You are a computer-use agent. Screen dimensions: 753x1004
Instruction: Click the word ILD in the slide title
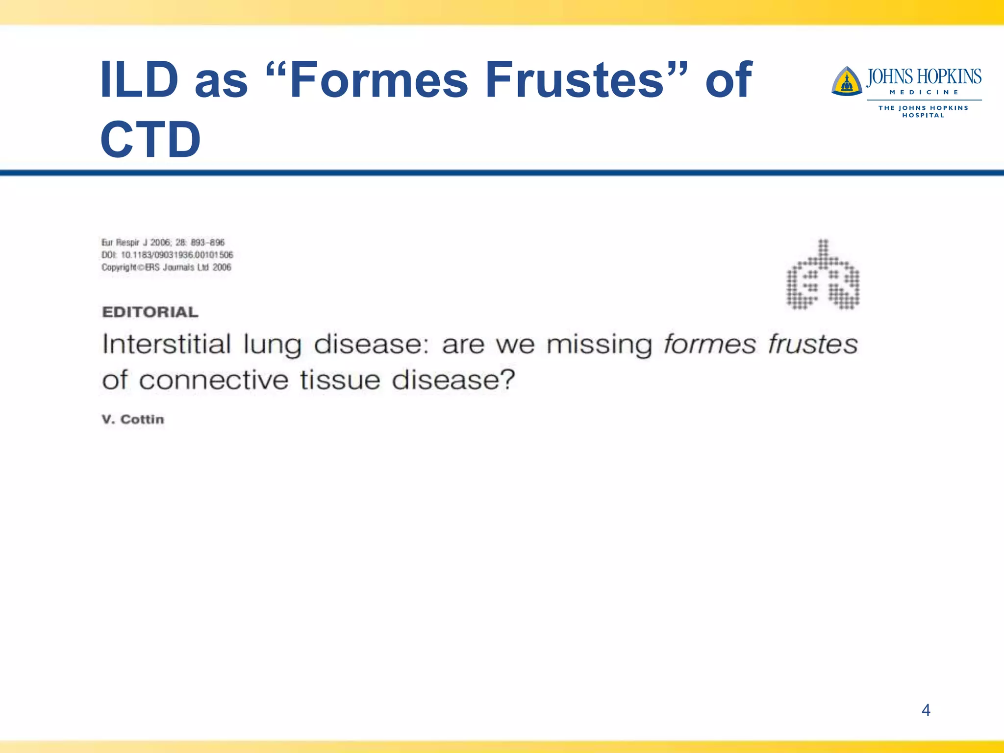tap(139, 80)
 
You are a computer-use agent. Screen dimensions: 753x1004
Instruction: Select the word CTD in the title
tap(150, 140)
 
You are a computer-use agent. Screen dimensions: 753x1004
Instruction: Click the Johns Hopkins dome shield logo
tap(846, 81)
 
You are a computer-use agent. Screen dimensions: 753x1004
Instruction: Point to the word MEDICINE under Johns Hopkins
tap(924, 92)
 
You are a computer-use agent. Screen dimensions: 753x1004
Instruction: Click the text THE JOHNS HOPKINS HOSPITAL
tap(923, 111)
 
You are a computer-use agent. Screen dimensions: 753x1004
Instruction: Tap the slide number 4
tap(926, 710)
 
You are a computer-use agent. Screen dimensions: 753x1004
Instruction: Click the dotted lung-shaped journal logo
tap(823, 276)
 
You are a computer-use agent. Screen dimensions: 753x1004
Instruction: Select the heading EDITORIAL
tap(150, 312)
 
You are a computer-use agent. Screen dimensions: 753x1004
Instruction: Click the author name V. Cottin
tap(133, 420)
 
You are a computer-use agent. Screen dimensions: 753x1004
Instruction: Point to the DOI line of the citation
tap(167, 255)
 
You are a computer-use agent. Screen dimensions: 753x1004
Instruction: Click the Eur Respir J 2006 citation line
tap(163, 242)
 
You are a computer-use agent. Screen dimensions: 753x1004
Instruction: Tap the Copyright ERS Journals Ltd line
tap(166, 267)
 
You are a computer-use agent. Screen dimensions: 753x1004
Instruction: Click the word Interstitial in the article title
tap(166, 344)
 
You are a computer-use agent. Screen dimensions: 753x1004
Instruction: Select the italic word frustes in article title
tap(812, 344)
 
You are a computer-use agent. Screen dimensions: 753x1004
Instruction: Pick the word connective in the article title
tap(214, 380)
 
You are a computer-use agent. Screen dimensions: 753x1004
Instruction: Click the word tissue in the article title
tap(340, 380)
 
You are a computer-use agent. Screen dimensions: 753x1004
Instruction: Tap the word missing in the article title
tap(599, 345)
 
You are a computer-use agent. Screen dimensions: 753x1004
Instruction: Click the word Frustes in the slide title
tap(575, 80)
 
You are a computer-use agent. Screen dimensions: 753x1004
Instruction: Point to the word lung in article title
tap(272, 345)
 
